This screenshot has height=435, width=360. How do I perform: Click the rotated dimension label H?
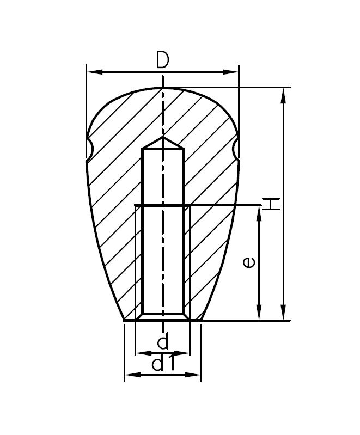tap(271, 204)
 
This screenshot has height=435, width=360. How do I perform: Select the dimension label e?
tap(249, 262)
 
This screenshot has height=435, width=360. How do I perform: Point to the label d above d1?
tap(162, 342)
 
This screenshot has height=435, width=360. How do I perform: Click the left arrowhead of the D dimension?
tap(90, 71)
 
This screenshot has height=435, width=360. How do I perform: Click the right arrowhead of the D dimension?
tap(234, 71)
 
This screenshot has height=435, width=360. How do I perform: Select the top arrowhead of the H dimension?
tap(283, 93)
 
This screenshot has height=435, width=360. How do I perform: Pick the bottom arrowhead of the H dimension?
tap(283, 316)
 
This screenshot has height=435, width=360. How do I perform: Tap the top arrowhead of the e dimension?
tap(260, 211)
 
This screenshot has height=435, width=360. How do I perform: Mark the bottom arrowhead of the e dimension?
tap(260, 316)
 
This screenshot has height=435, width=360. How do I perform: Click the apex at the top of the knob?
tap(163, 88)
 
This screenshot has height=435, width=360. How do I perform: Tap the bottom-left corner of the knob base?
tap(125, 321)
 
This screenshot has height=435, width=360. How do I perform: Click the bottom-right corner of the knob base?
tap(200, 321)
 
